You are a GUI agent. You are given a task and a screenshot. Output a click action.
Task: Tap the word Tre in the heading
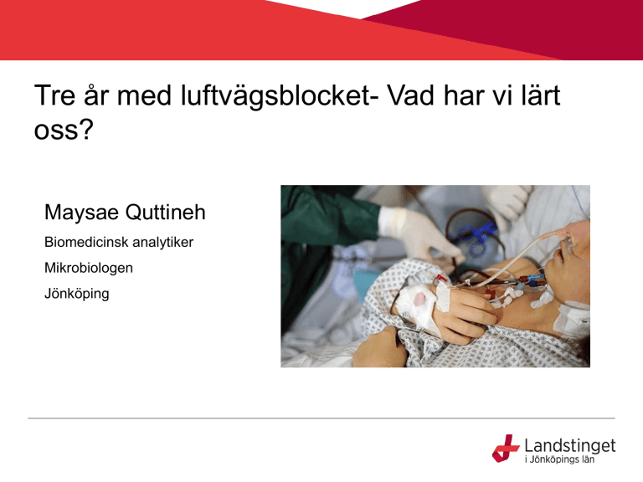[54, 95]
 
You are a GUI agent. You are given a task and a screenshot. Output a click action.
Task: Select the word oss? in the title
[64, 131]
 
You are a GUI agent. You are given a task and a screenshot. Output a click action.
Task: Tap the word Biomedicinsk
[86, 242]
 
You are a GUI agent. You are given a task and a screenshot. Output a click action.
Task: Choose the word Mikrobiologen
[89, 268]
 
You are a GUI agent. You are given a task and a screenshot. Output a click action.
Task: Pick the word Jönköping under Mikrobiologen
[77, 294]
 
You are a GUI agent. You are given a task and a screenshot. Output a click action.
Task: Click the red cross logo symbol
[506, 449]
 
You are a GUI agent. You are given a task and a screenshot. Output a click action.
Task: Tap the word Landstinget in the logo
[570, 445]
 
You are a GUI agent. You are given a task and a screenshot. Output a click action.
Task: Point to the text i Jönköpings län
[559, 459]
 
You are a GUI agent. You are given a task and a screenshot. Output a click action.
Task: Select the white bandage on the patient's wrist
[416, 305]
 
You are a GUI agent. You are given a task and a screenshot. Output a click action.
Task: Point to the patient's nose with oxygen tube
[570, 243]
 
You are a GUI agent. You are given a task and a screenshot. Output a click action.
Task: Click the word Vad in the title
[411, 95]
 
